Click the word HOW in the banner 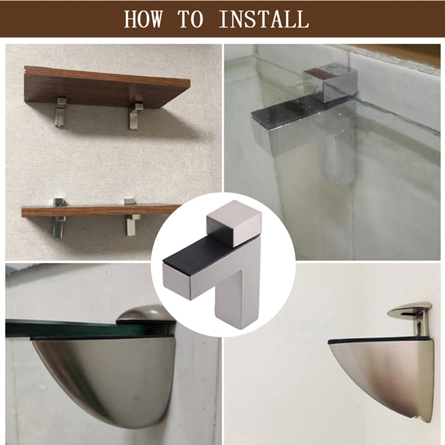coord(144,19)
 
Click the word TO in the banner coord(190,19)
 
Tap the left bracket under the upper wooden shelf coord(61,112)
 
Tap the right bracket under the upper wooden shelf coord(135,112)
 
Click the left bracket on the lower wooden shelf coord(59,218)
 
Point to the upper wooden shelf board coord(107,87)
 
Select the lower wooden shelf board coord(101,211)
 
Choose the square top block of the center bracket coord(234,222)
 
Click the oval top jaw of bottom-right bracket coord(409,309)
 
